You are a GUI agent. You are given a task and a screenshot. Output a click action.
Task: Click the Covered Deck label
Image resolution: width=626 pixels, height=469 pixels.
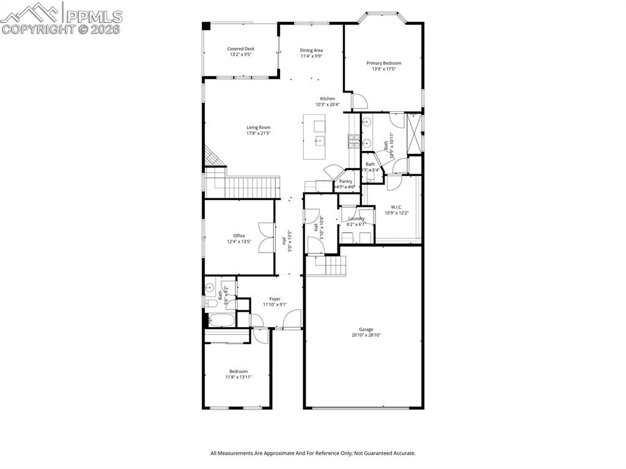click(241, 49)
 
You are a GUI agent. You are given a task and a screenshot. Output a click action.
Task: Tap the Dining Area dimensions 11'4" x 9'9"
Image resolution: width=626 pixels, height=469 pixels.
click(311, 56)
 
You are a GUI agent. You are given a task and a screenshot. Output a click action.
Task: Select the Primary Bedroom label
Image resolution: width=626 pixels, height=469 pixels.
click(384, 63)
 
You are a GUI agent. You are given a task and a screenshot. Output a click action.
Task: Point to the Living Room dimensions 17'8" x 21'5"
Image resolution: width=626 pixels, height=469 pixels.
click(258, 133)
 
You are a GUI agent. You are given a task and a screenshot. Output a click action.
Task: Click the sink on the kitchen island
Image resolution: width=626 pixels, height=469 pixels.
click(320, 141)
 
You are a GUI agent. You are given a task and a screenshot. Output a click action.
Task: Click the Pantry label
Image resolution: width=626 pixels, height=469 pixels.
click(345, 181)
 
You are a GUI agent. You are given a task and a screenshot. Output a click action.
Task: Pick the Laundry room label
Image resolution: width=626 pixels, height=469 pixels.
click(356, 218)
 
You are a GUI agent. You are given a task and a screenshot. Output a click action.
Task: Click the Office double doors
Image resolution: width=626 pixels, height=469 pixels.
click(267, 238)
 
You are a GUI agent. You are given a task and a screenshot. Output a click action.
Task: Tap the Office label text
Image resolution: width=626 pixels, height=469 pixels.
click(238, 235)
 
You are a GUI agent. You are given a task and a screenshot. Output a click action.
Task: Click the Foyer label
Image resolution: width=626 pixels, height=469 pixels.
click(275, 299)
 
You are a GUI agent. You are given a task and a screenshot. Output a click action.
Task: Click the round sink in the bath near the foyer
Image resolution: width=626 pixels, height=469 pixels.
click(209, 287)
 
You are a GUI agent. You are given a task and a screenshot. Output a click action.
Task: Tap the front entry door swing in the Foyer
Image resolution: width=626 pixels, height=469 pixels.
click(292, 319)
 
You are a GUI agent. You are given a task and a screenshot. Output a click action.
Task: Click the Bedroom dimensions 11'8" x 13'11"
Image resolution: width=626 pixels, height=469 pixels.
click(238, 377)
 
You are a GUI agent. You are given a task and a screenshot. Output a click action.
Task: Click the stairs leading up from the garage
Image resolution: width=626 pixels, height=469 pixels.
click(331, 265)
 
